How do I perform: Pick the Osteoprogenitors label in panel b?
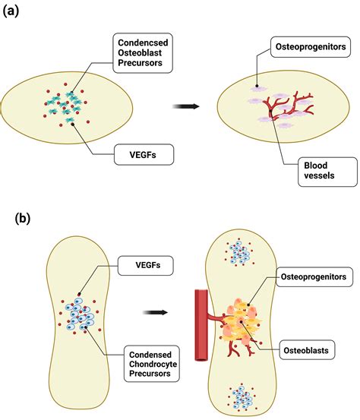(x=311, y=278)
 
